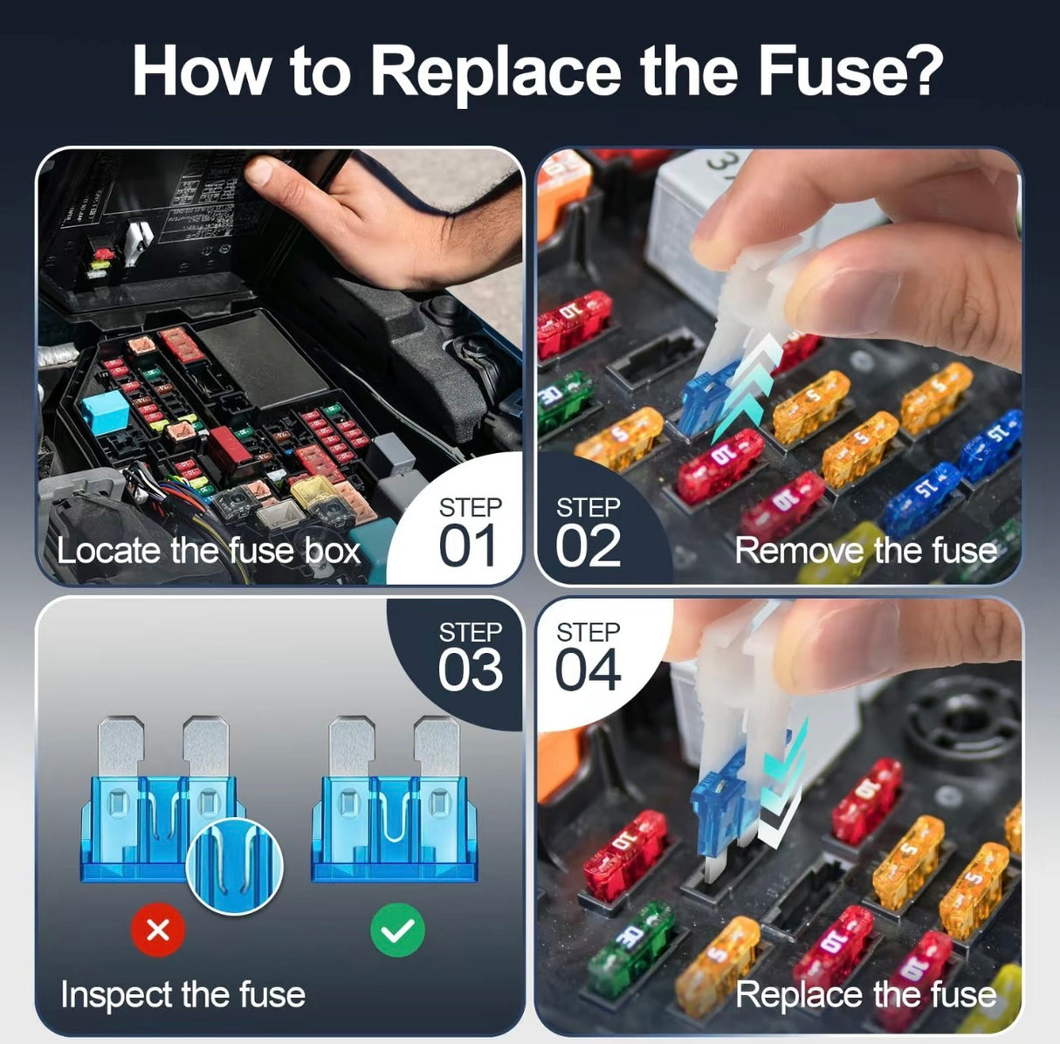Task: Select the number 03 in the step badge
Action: [470, 670]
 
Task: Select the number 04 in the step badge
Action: [588, 670]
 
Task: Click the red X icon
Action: [158, 931]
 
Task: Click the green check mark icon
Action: [397, 931]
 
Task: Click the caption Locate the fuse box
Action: [208, 552]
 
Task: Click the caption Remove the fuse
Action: [865, 551]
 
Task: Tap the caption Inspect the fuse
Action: [182, 995]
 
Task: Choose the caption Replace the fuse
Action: [865, 995]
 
